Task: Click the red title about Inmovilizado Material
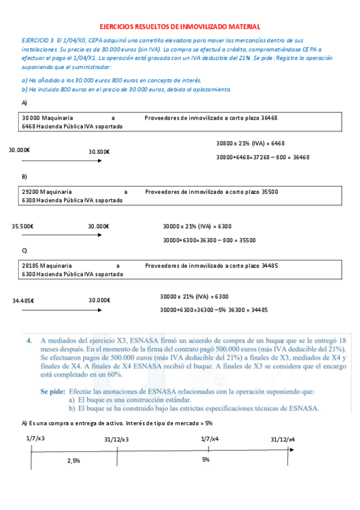(180, 26)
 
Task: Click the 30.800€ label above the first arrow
(99, 152)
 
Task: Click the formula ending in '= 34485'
(213, 310)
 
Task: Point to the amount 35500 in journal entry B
(270, 191)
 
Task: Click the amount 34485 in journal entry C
(269, 265)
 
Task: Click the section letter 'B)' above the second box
(24, 176)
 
